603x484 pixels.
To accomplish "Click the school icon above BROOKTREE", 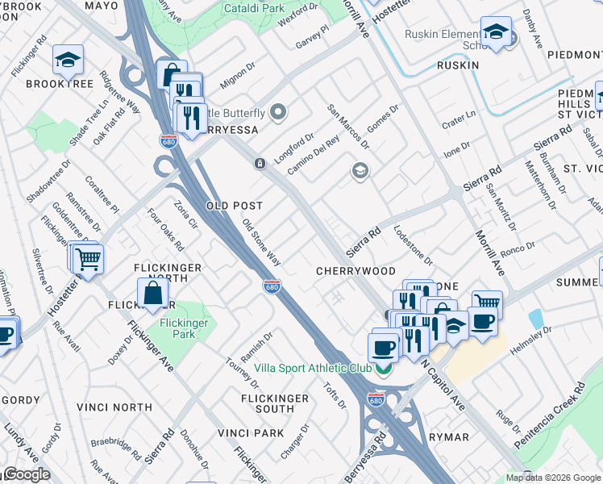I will click(x=69, y=59).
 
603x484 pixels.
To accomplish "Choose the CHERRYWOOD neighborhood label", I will click(x=356, y=271).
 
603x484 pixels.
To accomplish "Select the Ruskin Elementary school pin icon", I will click(x=496, y=32).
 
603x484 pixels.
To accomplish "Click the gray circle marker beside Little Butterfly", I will click(x=279, y=112).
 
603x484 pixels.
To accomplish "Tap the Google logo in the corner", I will click(x=26, y=474).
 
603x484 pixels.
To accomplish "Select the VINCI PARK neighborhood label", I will click(x=250, y=433).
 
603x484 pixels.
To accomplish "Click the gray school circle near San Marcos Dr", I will click(x=360, y=170).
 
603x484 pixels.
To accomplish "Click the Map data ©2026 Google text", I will click(x=552, y=478).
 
